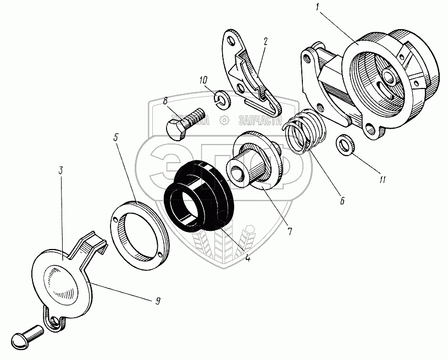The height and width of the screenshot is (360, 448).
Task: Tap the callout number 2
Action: click(x=265, y=41)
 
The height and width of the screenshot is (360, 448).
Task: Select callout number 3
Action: click(x=60, y=170)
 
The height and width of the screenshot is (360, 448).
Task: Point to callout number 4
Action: click(x=248, y=257)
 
